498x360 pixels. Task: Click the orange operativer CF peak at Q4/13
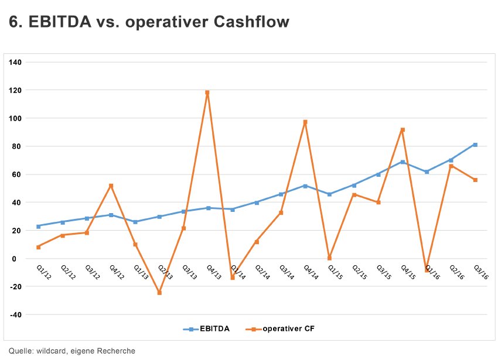pos(207,92)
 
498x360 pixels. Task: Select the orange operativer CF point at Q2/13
pos(159,293)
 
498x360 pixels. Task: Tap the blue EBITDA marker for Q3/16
pos(475,145)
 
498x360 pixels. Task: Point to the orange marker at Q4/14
pos(305,122)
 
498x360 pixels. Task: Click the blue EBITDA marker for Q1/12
pos(38,226)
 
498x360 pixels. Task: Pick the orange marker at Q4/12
pos(111,186)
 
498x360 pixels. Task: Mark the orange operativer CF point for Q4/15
pos(403,129)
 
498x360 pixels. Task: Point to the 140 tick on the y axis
pos(15,62)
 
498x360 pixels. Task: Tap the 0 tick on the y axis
pos(19,259)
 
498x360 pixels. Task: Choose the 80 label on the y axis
pos(16,146)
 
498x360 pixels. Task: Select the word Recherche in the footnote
pos(117,351)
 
